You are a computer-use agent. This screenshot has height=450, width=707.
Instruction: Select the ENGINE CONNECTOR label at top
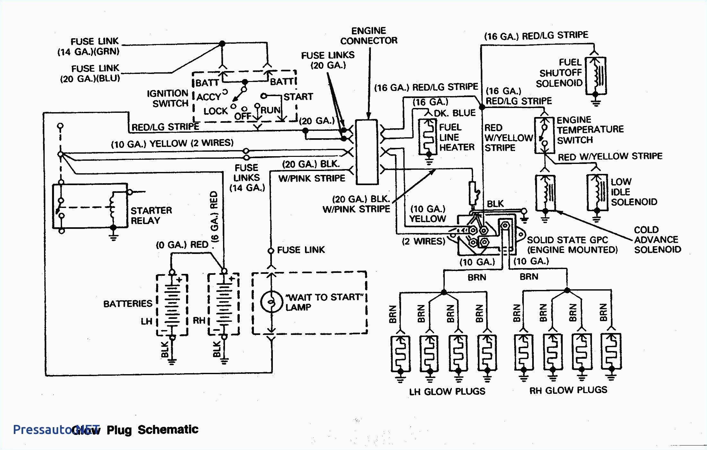(369, 36)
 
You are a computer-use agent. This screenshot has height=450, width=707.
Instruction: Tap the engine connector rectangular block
(367, 152)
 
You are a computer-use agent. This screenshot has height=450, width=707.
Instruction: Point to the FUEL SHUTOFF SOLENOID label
(560, 73)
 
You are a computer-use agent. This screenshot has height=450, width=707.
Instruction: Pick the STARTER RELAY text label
(151, 215)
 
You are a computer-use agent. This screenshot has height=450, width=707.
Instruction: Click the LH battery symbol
(172, 304)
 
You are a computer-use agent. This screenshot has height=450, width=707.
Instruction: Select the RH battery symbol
(224, 304)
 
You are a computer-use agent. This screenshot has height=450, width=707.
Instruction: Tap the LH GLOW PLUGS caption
(447, 392)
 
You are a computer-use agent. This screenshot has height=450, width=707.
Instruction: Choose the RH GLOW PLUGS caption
(568, 390)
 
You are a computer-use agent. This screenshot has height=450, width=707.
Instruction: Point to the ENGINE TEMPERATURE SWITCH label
(590, 130)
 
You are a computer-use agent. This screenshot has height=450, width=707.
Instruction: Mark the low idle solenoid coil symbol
(597, 192)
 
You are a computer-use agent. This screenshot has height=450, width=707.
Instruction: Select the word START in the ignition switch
(298, 97)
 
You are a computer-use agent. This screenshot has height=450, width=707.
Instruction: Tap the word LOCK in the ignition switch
(215, 111)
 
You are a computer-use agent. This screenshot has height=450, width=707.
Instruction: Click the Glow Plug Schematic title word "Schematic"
(168, 429)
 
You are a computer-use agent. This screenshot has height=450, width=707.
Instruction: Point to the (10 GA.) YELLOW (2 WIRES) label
(172, 143)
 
